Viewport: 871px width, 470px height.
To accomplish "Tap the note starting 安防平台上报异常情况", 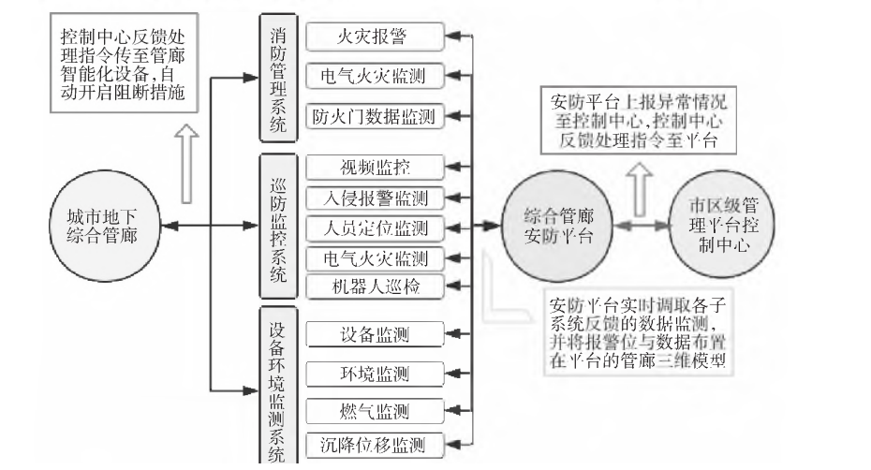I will tap(637, 121).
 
